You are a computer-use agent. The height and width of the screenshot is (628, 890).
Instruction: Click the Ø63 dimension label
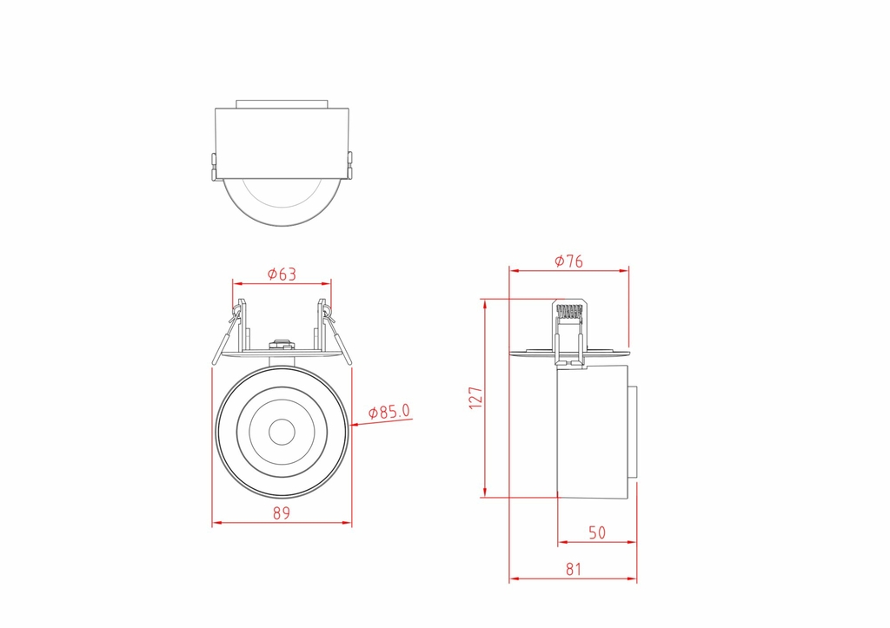tap(282, 274)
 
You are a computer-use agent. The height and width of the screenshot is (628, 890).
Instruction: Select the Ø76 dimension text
tap(568, 261)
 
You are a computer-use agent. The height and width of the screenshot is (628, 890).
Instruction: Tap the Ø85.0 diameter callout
tap(389, 412)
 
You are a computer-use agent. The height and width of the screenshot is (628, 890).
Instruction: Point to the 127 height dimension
tap(475, 399)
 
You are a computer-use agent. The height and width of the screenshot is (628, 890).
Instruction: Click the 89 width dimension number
tap(281, 513)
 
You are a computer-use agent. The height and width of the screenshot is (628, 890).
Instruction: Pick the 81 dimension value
tap(573, 570)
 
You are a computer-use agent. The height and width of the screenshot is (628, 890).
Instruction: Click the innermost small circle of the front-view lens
tap(282, 431)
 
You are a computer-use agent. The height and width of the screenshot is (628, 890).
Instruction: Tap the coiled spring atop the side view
tap(568, 310)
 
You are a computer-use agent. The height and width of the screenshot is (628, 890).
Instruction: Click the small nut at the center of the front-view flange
tap(282, 346)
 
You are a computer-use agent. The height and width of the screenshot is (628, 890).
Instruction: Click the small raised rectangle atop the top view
tap(282, 102)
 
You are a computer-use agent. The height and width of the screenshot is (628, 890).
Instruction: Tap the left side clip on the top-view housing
tap(214, 167)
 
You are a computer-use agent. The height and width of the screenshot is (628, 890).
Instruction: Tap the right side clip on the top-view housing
tap(349, 167)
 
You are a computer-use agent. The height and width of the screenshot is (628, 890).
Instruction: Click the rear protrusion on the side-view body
tap(633, 431)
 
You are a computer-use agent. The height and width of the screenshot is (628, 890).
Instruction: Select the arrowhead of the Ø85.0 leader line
tap(352, 425)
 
